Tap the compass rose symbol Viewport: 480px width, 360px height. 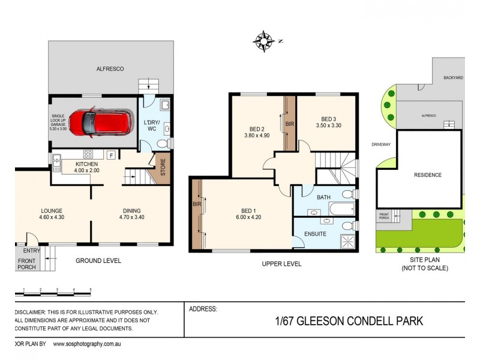coord(263,40)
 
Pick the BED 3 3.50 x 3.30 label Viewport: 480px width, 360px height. coord(329,122)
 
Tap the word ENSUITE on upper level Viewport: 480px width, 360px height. coord(316,233)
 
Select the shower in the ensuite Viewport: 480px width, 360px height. coord(347,241)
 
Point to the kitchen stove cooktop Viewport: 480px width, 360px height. coord(88,154)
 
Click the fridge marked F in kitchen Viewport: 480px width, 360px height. coord(110,155)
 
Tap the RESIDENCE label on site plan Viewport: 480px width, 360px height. coord(428,175)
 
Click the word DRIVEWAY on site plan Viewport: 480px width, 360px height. coord(381,145)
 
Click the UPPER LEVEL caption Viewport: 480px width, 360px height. coord(281,264)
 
